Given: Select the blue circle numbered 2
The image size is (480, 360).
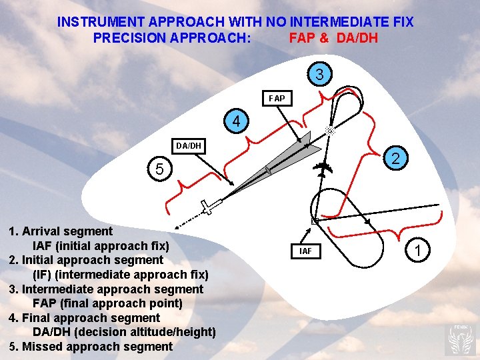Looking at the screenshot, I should pos(395,158).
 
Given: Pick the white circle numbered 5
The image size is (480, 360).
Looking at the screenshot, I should pos(158,169).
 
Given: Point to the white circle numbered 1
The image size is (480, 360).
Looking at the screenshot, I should pos(417,251).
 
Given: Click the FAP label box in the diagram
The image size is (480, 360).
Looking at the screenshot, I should pos(277,99).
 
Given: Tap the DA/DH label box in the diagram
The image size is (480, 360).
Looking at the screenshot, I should pos(189,145).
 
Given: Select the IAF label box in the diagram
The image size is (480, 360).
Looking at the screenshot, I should pos(305,251).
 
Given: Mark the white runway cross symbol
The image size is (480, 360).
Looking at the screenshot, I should pos(209,207).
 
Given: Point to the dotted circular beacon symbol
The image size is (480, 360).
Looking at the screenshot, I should pos(329,131).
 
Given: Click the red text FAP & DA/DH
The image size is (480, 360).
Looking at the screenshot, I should pos(333,38).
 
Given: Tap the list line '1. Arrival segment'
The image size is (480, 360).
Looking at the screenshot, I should pos(61,231).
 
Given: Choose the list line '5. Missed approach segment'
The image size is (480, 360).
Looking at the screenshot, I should pos(91,347).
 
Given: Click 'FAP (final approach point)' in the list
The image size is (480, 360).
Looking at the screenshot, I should pos(107,303).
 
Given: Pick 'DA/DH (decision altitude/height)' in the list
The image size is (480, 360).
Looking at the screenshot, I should pos(124,332).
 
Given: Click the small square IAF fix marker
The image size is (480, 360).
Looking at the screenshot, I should pos(315,221).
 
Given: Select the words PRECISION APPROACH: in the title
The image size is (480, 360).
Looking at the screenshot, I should pos(172,38).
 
